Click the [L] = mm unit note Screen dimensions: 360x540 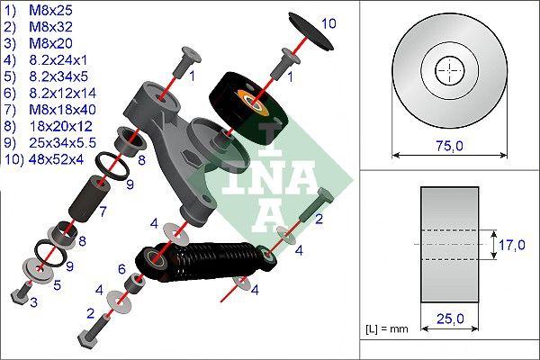388,329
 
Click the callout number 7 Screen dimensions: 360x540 103,212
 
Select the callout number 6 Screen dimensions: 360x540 121,268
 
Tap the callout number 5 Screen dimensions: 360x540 56,285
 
